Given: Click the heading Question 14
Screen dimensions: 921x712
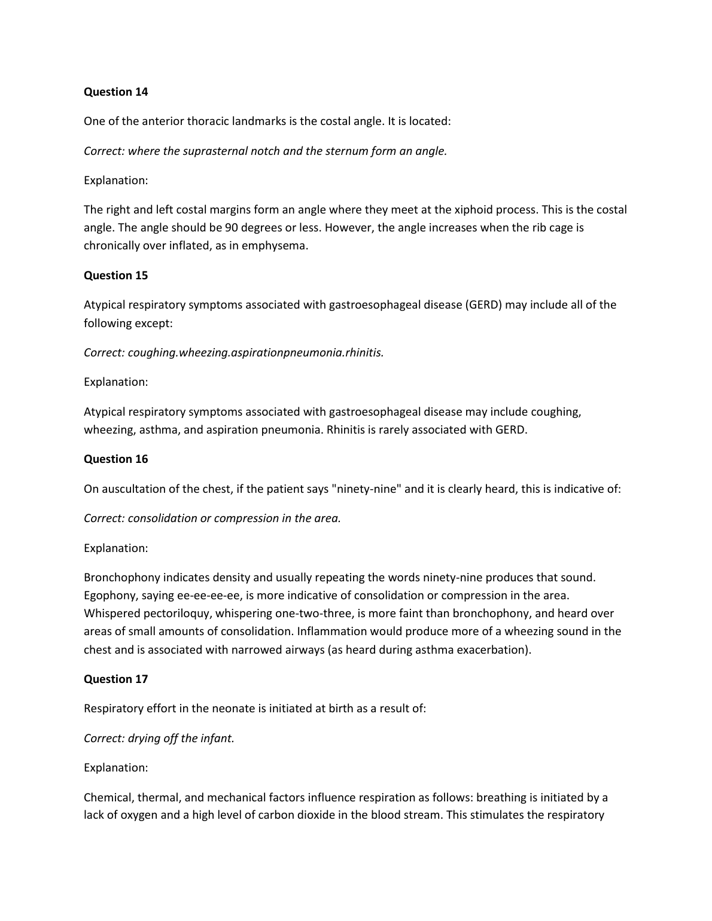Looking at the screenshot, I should point(115,92).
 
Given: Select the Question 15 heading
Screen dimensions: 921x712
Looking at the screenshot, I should point(115,275).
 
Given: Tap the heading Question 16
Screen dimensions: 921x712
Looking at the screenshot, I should point(115,459).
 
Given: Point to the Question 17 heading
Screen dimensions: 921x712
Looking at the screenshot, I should point(115,679).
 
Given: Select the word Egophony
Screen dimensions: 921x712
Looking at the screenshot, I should point(108,596).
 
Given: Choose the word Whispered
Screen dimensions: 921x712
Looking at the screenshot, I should point(112,614).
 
